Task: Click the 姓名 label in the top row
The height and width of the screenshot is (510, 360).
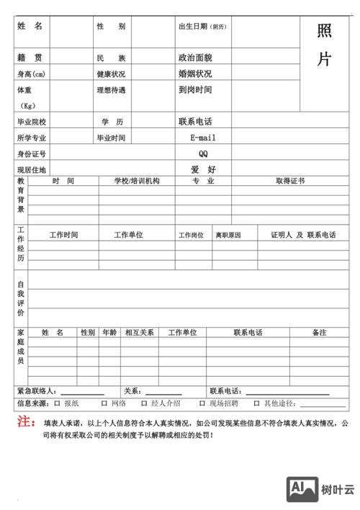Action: pyautogui.click(x=30, y=26)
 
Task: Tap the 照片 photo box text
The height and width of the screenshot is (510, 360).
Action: pyautogui.click(x=324, y=45)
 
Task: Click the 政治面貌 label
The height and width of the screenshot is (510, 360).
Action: pyautogui.click(x=195, y=58)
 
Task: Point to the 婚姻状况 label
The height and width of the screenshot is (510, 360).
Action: pyautogui.click(x=195, y=73)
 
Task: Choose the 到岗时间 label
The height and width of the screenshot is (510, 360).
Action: pyautogui.click(x=195, y=90)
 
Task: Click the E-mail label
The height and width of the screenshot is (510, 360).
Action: pyautogui.click(x=203, y=138)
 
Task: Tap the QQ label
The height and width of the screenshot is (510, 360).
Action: pyautogui.click(x=203, y=153)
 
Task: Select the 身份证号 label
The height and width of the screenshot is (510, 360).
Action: pyautogui.click(x=32, y=153)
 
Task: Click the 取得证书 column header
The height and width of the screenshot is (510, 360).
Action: pyautogui.click(x=290, y=181)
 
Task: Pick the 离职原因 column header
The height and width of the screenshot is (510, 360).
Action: pyautogui.click(x=228, y=235)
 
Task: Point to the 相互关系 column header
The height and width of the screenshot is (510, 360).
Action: pyautogui.click(x=139, y=333)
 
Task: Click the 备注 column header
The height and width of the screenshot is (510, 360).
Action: pyautogui.click(x=320, y=333)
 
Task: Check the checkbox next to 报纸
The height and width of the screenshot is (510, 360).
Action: pyautogui.click(x=58, y=403)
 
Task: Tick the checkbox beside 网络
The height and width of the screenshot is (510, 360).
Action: pyautogui.click(x=104, y=403)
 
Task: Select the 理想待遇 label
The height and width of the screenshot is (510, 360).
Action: pyautogui.click(x=111, y=90)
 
